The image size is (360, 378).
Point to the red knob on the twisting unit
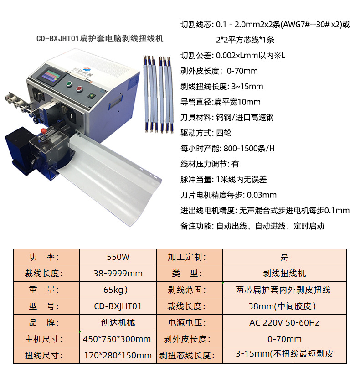pos(44,131)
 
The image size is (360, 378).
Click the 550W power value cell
pos(118,257)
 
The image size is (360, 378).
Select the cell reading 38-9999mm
pos(118,274)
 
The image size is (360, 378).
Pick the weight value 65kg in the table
pos(118,290)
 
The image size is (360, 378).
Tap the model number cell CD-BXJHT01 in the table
pos(118,306)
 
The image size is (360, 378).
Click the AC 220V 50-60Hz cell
pos(284,323)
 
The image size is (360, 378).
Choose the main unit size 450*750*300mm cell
pos(118,339)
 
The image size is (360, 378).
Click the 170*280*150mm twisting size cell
pos(118,355)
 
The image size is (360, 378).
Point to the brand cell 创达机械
pos(118,323)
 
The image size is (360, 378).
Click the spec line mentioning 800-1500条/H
pos(228,148)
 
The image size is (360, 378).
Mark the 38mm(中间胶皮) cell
pos(284,306)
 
